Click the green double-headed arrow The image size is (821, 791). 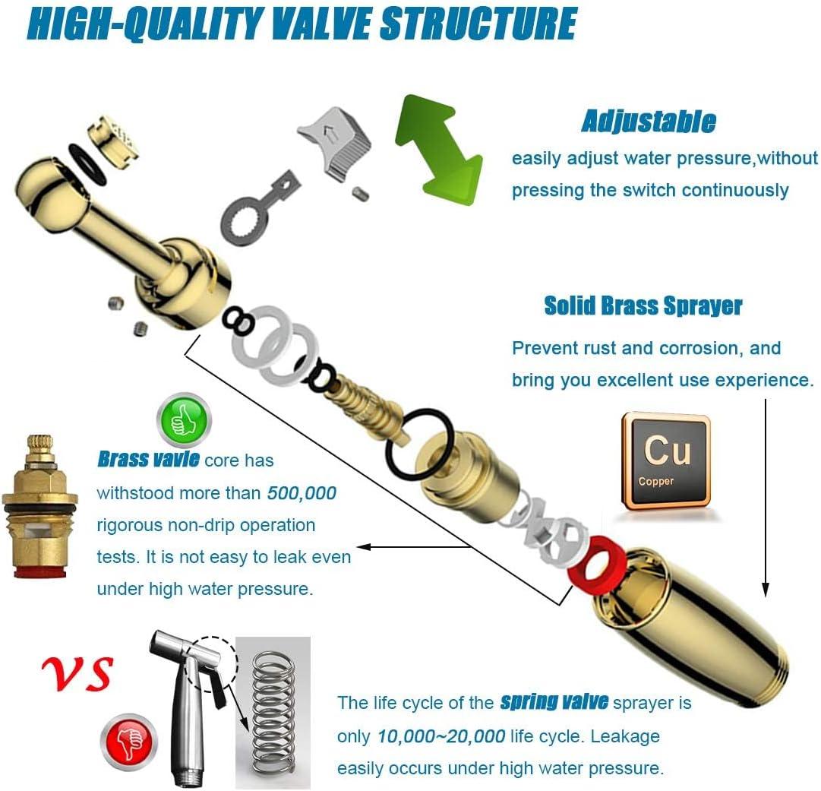click(438, 149)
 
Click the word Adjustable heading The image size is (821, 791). click(648, 122)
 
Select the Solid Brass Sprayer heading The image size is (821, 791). click(643, 305)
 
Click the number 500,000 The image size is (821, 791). click(302, 493)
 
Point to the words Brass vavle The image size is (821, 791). click(148, 460)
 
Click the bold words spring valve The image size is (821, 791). click(554, 702)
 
